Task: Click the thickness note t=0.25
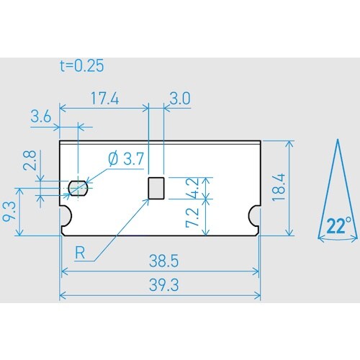click(x=81, y=66)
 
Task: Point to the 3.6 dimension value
click(x=42, y=117)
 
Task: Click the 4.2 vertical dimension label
click(x=192, y=189)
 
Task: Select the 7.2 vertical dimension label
click(x=192, y=217)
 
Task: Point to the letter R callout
click(x=81, y=253)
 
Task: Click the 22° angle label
click(x=337, y=225)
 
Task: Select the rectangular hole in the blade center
click(x=156, y=188)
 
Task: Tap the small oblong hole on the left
click(x=77, y=189)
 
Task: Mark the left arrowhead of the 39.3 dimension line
click(x=63, y=295)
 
